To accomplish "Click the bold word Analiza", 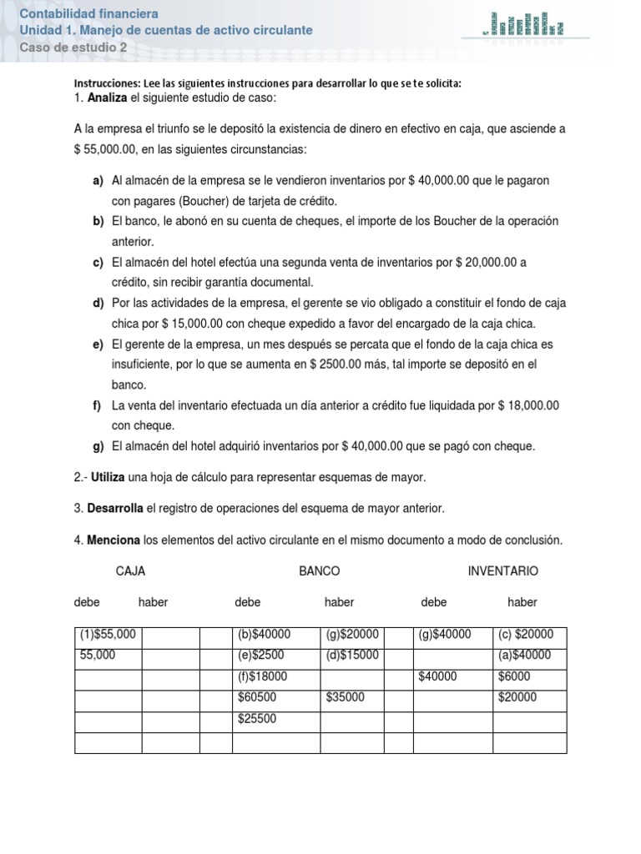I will point(107,98).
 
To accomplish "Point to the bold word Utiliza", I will point(109,477).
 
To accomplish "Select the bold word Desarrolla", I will point(116,509).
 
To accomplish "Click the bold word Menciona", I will point(114,540).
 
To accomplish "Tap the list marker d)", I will point(98,303).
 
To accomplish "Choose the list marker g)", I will point(98,446).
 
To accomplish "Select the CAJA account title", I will point(131,571).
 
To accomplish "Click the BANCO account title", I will point(320,571).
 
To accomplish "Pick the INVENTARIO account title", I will point(503,571).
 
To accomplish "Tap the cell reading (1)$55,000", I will point(108,635).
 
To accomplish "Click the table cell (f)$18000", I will point(263,677).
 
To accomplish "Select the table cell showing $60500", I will point(257,698).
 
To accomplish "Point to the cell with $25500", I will point(257,719).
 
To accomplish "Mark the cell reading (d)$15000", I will point(353,656).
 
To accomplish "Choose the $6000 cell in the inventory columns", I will point(514,677).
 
